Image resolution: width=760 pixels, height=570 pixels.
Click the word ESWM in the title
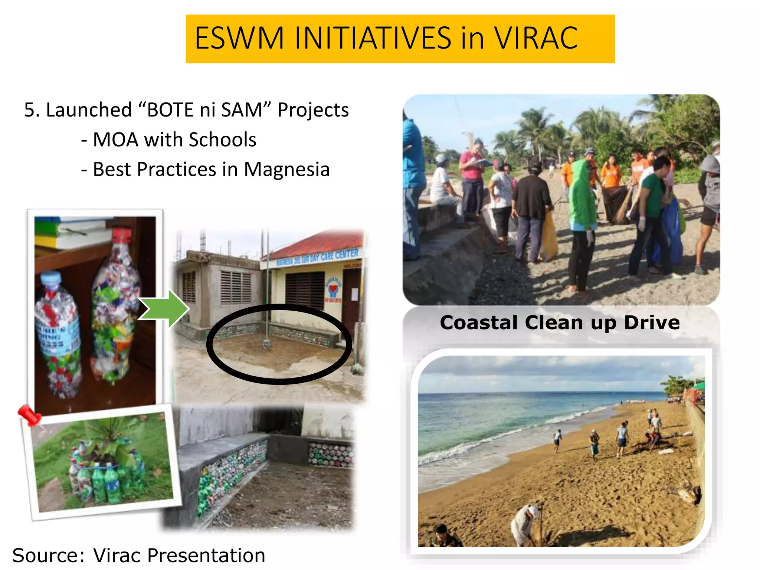[x=239, y=38]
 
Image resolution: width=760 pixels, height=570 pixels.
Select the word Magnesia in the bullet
[x=286, y=170]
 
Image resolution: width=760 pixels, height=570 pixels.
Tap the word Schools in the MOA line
[x=222, y=140]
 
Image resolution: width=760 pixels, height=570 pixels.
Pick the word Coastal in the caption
[x=478, y=322]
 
